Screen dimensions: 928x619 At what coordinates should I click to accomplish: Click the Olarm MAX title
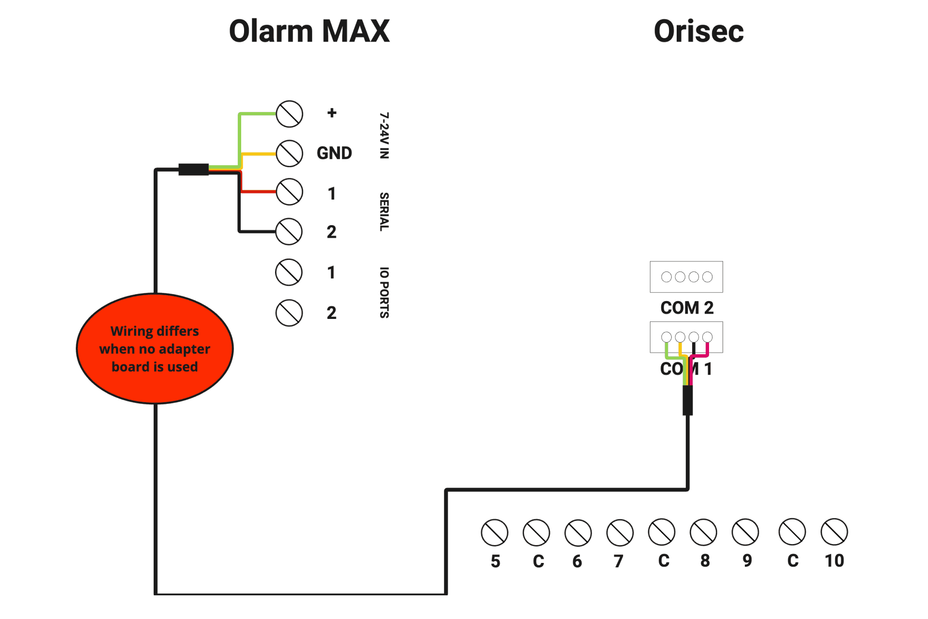tap(309, 31)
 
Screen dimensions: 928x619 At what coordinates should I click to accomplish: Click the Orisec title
tap(698, 31)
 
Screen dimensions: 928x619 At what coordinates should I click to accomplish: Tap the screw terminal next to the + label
tap(290, 114)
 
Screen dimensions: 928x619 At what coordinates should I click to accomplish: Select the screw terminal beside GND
tap(290, 153)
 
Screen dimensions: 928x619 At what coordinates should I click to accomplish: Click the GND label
tap(334, 153)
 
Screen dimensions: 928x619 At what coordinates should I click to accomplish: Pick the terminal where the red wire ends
tap(290, 192)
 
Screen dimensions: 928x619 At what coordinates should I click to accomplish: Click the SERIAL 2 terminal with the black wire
tap(289, 231)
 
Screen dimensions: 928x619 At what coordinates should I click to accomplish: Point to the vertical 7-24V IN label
tap(384, 135)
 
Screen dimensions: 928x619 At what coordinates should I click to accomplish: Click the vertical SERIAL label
tap(384, 212)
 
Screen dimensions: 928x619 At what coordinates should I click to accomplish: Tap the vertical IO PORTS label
tap(384, 292)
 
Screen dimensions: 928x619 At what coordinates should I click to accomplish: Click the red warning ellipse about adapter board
tap(155, 348)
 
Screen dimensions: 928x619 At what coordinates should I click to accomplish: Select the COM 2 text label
tap(687, 308)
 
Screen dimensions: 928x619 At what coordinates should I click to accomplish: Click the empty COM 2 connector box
tap(686, 277)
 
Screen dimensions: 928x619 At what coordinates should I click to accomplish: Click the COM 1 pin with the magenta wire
tap(708, 337)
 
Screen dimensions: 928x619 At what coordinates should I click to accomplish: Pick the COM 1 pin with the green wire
tap(667, 337)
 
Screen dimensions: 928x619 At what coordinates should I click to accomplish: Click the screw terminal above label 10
tap(834, 532)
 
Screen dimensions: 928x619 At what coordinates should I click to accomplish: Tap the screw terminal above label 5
tap(494, 533)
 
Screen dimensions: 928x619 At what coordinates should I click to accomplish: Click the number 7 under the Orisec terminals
tap(618, 561)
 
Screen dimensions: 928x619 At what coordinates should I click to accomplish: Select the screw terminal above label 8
tap(703, 533)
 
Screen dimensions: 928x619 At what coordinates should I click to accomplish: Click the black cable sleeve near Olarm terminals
tap(193, 170)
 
